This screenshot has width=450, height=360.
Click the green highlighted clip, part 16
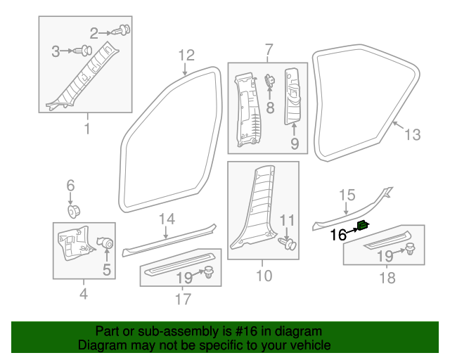point(363,226)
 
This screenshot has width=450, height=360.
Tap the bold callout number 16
point(339,235)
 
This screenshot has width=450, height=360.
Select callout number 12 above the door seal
point(186,55)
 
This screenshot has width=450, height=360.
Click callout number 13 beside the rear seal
point(413,134)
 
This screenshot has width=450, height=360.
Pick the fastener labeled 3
point(84,51)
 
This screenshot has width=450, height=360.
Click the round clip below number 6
point(74,212)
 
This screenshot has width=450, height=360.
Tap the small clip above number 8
point(270,80)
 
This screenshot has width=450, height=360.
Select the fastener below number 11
point(287,244)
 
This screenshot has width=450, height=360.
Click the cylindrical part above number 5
point(107,243)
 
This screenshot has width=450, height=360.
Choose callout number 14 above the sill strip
point(167,219)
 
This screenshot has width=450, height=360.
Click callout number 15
point(347,195)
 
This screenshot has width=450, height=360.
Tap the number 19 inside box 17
point(184,278)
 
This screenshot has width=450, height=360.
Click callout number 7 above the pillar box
point(269,49)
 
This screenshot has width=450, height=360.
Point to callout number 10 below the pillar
point(264,276)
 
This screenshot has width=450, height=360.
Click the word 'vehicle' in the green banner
point(314,345)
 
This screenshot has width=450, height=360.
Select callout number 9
point(295,143)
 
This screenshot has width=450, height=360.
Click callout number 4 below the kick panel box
point(84,294)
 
